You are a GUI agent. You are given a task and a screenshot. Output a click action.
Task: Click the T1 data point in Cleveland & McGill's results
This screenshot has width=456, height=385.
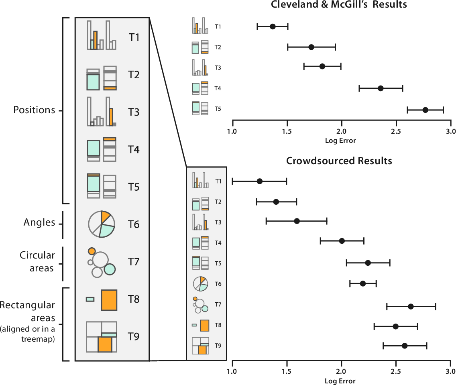click(x=273, y=26)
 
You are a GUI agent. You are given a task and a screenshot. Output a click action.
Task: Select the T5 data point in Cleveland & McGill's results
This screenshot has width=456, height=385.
click(x=425, y=110)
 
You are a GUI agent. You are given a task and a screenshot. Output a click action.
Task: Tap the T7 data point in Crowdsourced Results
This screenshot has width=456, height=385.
click(x=411, y=307)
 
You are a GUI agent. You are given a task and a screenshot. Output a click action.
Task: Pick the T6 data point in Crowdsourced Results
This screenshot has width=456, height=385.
click(x=363, y=283)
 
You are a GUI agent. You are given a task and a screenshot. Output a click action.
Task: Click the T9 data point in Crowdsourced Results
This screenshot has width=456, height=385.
click(x=405, y=346)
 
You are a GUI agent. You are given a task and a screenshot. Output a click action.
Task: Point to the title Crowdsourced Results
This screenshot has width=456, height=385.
click(x=339, y=161)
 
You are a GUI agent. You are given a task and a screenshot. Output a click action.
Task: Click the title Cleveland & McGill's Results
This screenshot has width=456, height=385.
click(x=339, y=5)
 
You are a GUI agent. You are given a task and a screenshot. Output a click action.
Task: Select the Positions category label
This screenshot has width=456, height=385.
click(x=34, y=110)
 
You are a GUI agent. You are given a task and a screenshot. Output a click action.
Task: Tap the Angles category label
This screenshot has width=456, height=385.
click(x=39, y=223)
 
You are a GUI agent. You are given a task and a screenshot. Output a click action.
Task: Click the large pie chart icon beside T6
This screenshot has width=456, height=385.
click(x=102, y=224)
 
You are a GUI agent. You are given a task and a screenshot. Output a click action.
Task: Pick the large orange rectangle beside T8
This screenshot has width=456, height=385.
click(x=109, y=300)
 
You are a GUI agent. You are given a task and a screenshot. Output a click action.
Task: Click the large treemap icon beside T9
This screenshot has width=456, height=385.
click(x=102, y=337)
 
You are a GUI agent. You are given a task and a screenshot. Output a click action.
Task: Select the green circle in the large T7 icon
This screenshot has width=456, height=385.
click(x=110, y=269)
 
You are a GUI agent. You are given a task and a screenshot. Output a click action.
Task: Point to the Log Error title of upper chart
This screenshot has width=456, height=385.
click(x=341, y=141)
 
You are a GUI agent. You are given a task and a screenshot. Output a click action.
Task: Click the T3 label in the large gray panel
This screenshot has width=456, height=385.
click(x=134, y=112)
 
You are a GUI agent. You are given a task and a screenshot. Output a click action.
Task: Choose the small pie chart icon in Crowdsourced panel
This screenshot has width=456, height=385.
click(x=200, y=284)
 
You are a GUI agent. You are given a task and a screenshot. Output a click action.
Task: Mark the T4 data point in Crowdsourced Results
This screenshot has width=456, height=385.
click(x=342, y=241)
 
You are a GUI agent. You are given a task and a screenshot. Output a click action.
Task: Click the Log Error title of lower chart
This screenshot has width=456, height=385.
click(x=341, y=381)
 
